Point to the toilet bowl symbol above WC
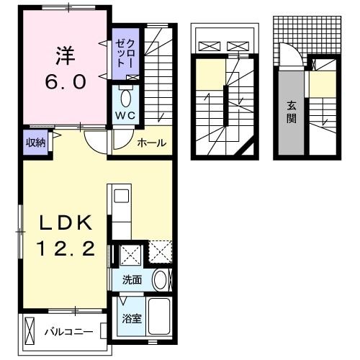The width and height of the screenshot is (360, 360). (125, 98)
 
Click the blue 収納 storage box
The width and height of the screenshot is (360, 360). (36, 142)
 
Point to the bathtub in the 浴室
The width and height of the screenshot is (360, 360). (160, 317)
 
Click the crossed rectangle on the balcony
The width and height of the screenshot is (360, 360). (30, 331)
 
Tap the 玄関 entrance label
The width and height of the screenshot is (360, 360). (292, 112)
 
